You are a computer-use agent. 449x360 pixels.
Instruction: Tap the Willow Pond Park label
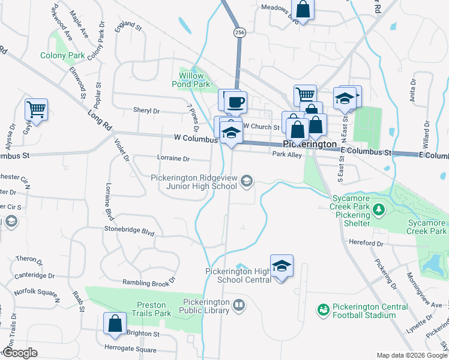(x=194, y=80)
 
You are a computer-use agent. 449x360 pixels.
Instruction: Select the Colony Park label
(x=62, y=55)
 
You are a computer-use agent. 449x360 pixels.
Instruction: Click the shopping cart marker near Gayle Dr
(x=36, y=110)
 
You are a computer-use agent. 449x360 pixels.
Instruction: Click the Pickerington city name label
(x=310, y=145)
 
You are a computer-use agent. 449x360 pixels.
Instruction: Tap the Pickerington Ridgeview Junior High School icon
(x=246, y=181)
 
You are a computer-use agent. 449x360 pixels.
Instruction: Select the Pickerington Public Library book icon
(x=239, y=306)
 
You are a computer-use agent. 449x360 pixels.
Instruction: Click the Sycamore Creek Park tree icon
(x=379, y=210)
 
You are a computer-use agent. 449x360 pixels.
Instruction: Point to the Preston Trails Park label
(x=146, y=308)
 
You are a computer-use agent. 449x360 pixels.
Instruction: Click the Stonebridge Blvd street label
(x=130, y=231)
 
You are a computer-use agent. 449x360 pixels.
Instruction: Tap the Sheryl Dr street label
(x=146, y=111)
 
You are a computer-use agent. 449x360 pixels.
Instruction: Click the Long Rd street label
(x=100, y=119)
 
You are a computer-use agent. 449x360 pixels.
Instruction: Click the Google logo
(x=20, y=353)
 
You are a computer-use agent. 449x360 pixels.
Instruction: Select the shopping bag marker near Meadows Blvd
(x=303, y=10)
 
